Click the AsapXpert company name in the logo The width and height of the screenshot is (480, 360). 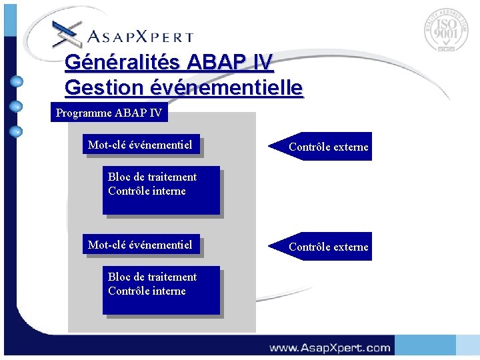(140, 37)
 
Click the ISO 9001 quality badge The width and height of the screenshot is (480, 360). (446, 31)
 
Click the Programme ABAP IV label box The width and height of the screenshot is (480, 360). (109, 113)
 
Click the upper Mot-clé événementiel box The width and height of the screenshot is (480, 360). (141, 145)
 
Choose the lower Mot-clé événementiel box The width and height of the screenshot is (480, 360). (141, 245)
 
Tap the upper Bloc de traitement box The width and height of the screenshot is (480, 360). (160, 190)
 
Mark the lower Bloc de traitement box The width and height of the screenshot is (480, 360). (160, 291)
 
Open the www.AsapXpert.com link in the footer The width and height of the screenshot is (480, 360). (329, 347)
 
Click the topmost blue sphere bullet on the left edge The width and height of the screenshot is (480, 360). (17, 82)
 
